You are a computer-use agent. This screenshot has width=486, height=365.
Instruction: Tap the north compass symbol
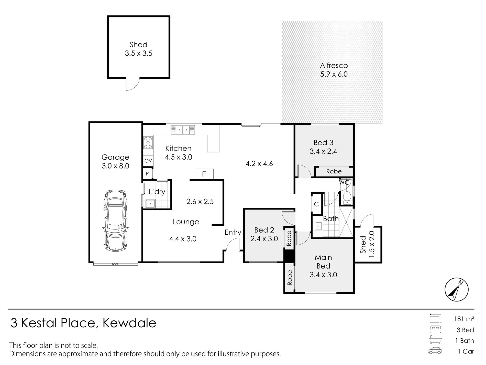point(456,290)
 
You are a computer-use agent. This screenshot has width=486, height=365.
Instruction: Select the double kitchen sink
point(183,130)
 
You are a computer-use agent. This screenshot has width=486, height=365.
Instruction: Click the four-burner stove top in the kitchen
point(148,143)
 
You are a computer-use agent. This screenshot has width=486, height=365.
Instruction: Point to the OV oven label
point(148,161)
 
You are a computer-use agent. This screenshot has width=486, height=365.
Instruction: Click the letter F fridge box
point(204,174)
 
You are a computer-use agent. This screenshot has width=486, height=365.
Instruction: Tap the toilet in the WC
point(347,197)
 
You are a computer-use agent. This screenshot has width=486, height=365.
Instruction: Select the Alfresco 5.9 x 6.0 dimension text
point(334,75)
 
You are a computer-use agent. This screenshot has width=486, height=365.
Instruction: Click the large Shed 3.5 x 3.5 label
point(138,49)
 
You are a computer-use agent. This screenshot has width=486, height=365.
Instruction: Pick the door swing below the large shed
point(132,84)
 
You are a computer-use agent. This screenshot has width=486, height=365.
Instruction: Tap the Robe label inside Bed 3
point(334,171)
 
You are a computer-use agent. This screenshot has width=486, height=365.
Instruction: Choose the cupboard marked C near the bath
point(316,204)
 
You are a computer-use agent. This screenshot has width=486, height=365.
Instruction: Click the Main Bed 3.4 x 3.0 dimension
point(323,275)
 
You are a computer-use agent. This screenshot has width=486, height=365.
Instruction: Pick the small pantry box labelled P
point(147,174)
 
